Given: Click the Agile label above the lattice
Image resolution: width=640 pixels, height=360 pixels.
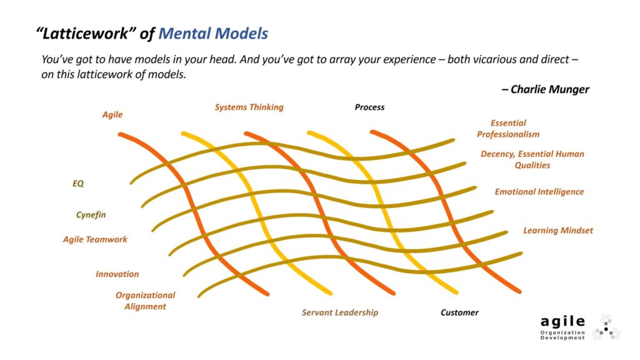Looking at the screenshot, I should click(112, 115).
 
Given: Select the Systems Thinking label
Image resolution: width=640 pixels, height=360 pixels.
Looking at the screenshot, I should click(249, 107).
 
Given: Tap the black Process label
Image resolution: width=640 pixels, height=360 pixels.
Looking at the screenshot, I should click(369, 107).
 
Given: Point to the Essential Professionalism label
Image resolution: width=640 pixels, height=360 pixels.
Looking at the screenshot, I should click(508, 129).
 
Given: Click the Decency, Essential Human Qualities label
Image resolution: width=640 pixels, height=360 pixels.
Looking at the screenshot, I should click(532, 160).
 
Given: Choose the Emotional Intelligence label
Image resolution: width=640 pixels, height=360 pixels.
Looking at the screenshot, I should click(539, 192).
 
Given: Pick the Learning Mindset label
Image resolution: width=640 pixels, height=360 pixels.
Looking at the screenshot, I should click(558, 231).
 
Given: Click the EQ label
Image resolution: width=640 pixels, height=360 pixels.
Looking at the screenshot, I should click(78, 184).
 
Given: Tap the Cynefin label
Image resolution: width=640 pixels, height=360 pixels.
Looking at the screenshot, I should click(91, 215).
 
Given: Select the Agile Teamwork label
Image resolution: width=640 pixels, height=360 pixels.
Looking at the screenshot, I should click(95, 239).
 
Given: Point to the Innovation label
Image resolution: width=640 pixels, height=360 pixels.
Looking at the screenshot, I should click(117, 274).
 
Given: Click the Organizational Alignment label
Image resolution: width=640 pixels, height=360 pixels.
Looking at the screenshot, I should click(146, 301).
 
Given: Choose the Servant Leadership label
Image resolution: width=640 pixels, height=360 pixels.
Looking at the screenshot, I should click(340, 312).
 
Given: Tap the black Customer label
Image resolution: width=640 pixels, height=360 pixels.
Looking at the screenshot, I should click(459, 312).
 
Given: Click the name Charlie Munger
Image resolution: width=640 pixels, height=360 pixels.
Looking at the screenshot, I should click(549, 89).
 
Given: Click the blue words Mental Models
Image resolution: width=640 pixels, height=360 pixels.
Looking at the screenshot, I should click(213, 34).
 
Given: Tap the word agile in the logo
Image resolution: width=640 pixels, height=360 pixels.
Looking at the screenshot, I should click(563, 321).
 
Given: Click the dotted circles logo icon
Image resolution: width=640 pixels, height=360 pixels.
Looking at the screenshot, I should click(606, 327).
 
